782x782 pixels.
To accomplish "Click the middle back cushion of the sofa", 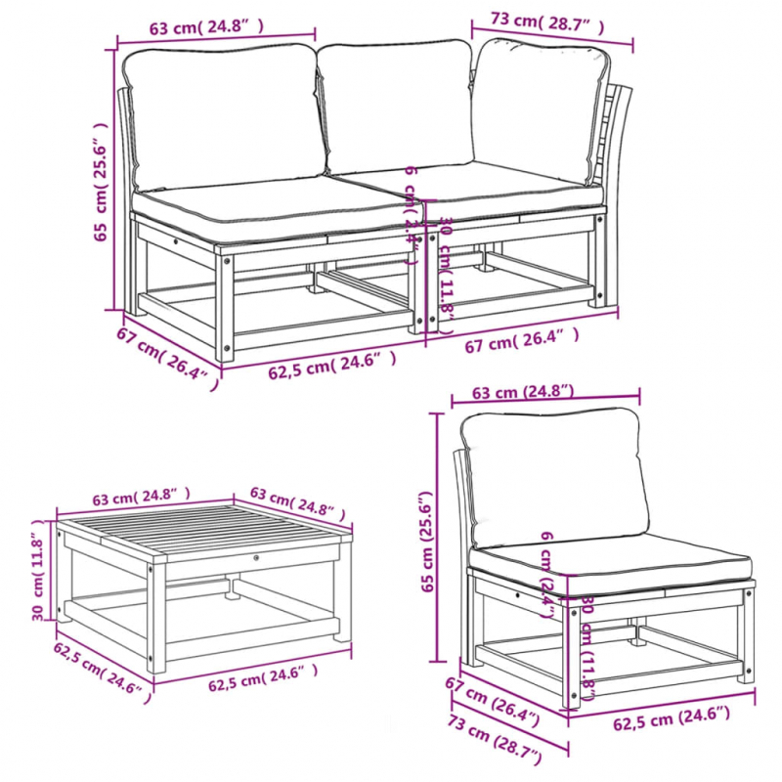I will pos(396,108).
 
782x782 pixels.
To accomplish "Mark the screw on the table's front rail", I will pos(257,558).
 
